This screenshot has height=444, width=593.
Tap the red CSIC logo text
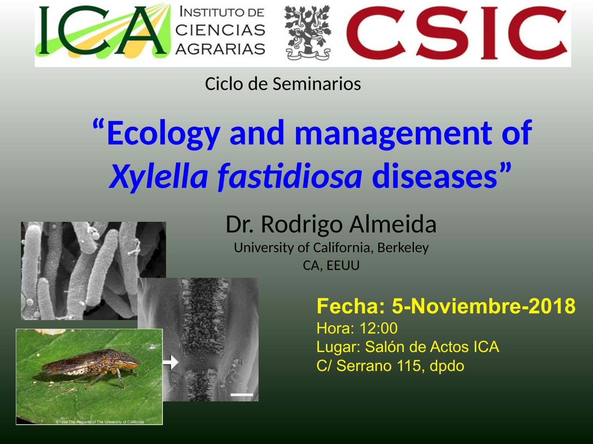456,33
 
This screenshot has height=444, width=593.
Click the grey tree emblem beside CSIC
308,32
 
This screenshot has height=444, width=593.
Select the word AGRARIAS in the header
220,49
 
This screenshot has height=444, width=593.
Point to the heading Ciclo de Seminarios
283,84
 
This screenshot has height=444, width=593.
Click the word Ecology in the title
163,134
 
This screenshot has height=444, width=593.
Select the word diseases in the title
434,176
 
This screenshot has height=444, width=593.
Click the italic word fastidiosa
290,176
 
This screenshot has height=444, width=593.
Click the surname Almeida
393,225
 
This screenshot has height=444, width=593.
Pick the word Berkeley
403,248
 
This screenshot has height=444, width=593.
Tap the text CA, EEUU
331,266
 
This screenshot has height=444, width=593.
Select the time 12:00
378,328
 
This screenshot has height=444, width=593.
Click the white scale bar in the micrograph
242,395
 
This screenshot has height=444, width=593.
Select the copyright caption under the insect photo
100,422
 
